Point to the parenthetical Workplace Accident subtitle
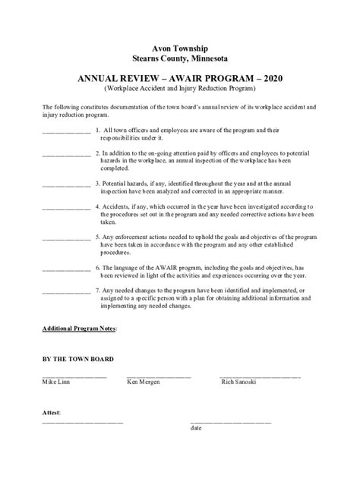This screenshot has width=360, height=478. [x=180, y=89]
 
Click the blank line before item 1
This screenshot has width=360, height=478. [x=66, y=132]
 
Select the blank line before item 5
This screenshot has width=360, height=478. [x=66, y=237]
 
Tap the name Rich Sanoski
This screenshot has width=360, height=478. [x=238, y=382]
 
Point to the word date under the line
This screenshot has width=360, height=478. [x=196, y=429]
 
